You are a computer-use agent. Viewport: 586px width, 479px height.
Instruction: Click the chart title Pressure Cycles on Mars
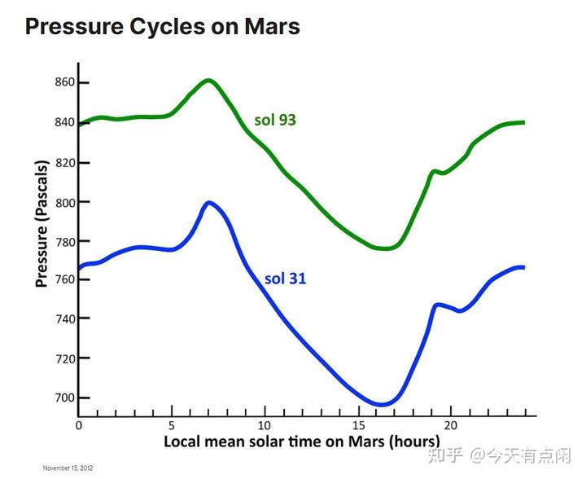pos(163,26)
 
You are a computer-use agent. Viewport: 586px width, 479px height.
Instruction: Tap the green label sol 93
pos(274,120)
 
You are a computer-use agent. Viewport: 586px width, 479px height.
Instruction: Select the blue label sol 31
pos(285,279)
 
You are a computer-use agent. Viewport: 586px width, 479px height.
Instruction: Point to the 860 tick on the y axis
pos(65,82)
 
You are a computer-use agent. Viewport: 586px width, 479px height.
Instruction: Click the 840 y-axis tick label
pos(65,122)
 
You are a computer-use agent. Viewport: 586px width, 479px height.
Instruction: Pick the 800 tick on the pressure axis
pos(65,202)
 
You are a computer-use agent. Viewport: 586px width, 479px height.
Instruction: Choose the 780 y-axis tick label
pos(65,242)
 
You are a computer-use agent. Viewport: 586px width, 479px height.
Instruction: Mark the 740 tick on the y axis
pos(65,319)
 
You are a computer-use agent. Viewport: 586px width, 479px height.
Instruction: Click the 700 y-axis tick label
pos(65,398)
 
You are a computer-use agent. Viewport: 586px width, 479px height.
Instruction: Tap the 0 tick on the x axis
pos(79,426)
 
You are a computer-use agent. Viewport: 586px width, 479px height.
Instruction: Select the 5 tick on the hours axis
pos(172,426)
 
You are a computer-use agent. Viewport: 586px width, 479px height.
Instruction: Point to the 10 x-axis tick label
pos(265,426)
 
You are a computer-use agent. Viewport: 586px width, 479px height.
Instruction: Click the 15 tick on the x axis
pos(357,426)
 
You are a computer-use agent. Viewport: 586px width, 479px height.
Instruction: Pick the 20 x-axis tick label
pos(450,426)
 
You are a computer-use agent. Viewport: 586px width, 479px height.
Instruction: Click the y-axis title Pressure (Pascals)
pos(42,222)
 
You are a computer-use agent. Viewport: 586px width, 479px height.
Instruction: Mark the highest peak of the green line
pos(208,80)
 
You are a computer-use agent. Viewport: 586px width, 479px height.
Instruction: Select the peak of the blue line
pos(209,202)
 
